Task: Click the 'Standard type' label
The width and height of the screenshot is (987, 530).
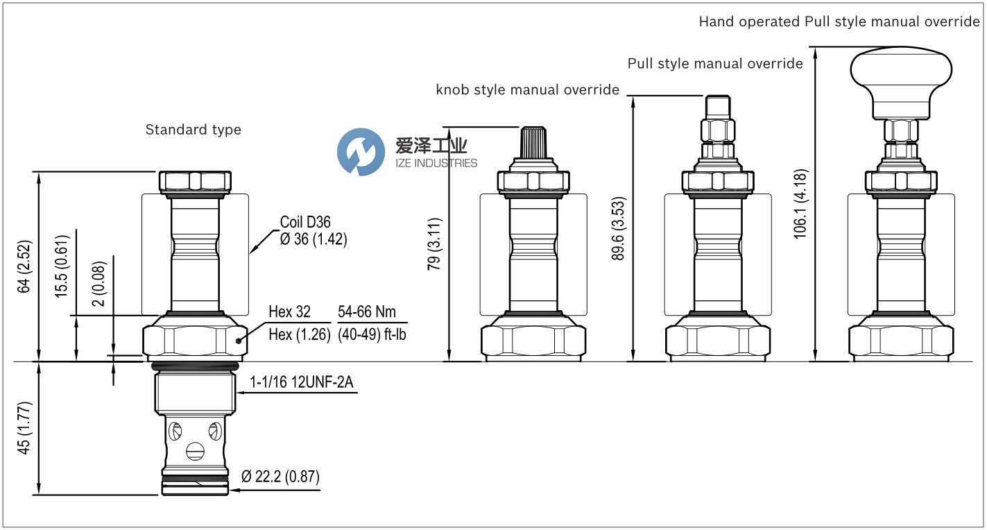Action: pos(193,130)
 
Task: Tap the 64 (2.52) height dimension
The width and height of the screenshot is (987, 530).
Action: pos(25,267)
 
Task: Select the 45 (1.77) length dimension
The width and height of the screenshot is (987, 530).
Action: pos(25,428)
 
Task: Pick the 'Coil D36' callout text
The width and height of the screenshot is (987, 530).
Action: pos(305,222)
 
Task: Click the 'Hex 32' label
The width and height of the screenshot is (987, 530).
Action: pos(289,312)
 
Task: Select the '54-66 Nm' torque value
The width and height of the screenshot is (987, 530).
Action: pos(366,311)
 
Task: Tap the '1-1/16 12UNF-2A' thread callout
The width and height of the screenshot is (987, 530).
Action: pos(302,383)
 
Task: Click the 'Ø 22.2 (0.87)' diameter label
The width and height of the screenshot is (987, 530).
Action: pos(280,477)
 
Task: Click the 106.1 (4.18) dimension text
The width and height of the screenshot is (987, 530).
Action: pos(800,204)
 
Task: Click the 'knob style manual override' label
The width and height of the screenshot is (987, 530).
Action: pos(527,89)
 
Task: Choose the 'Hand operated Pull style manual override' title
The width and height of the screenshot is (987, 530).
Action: pos(839,22)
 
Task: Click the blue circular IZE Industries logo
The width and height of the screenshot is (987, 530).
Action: pos(361,152)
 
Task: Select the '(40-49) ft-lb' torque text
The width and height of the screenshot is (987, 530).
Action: pos(372,334)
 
